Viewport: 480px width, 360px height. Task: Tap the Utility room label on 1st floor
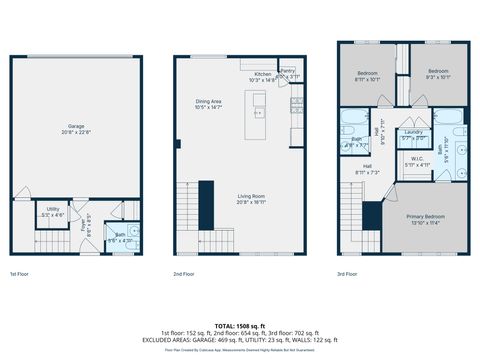(52, 212)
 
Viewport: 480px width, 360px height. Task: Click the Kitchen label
(262, 75)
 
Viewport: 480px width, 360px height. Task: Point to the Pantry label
(288, 73)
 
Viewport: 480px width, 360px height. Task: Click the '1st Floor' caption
(19, 273)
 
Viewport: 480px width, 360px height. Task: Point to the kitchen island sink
(259, 100)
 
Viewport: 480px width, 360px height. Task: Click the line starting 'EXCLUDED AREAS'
(240, 340)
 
